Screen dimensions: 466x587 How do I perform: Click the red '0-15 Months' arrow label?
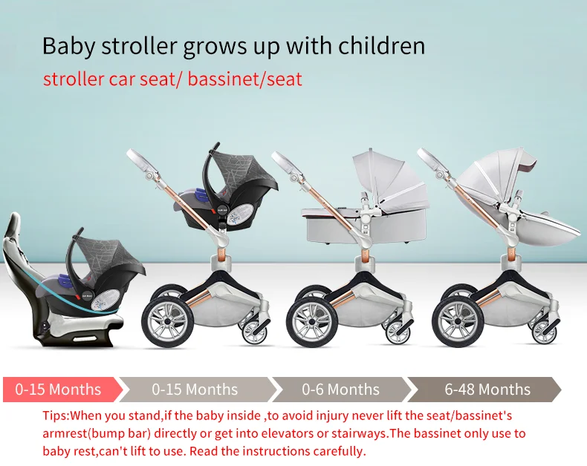[x=58, y=390]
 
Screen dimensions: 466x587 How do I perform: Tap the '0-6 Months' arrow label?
[x=340, y=390]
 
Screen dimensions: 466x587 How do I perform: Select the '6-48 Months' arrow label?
[x=487, y=390]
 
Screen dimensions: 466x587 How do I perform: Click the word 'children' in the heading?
[x=380, y=45]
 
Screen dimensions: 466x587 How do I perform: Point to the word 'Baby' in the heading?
[x=68, y=45]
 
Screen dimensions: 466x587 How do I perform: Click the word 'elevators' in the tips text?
[x=282, y=433]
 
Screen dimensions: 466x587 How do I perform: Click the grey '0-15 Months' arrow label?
[x=195, y=390]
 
